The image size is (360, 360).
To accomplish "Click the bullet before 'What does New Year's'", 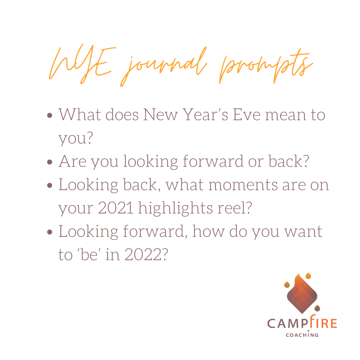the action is pyautogui.click(x=50, y=115).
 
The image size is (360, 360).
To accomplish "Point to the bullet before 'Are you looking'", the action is pyautogui.click(x=50, y=162).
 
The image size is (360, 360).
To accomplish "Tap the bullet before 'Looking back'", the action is pyautogui.click(x=50, y=185).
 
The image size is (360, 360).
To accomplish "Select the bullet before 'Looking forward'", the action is pyautogui.click(x=50, y=232).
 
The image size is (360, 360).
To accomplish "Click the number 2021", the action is pyautogui.click(x=116, y=208).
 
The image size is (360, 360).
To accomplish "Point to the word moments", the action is pyautogui.click(x=243, y=185).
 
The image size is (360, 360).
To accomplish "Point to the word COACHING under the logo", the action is pyautogui.click(x=302, y=335).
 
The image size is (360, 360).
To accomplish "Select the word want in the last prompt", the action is pyautogui.click(x=303, y=232).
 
